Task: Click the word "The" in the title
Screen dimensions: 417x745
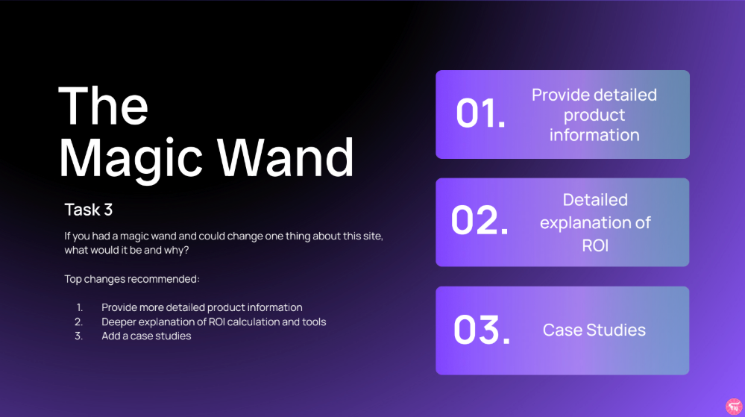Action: tap(103, 105)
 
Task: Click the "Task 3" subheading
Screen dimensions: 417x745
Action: tap(88, 210)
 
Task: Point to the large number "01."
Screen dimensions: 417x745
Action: tap(480, 114)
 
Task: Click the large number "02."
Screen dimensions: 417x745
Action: tap(480, 222)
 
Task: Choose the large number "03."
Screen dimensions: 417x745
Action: tap(482, 330)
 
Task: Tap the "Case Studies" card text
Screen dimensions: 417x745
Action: tap(594, 330)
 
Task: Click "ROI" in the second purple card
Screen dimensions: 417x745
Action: tap(595, 245)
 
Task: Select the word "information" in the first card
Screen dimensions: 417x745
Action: tap(594, 135)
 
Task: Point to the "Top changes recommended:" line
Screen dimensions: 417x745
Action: tap(132, 279)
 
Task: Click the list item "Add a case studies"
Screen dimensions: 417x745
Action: tap(146, 336)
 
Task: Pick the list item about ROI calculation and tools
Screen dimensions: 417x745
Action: tap(214, 322)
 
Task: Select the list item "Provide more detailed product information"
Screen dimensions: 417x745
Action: tap(202, 307)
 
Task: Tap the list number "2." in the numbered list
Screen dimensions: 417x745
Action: tap(78, 322)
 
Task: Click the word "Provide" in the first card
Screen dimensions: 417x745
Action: tap(557, 95)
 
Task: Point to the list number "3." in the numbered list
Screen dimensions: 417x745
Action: tap(78, 336)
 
